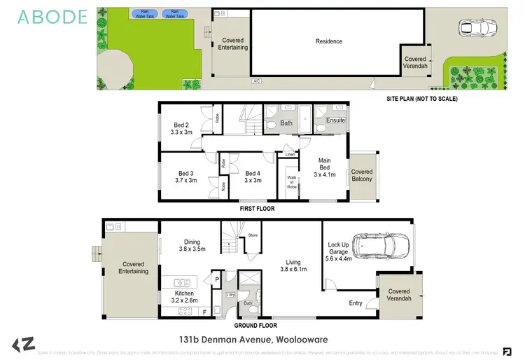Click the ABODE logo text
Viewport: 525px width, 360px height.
coord(53,17)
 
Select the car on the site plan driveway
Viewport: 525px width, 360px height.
coord(477,28)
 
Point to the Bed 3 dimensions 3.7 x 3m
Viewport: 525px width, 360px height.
coord(185,180)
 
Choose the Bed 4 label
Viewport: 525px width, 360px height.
coord(253,173)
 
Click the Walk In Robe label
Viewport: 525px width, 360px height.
coord(291,181)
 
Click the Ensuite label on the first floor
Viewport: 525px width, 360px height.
coord(336,120)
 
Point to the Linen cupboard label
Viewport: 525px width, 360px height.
coord(290,155)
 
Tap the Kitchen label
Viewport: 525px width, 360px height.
coord(184,293)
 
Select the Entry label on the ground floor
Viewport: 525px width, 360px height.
coord(356,303)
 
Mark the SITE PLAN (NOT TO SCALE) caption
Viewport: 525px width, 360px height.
coord(421,99)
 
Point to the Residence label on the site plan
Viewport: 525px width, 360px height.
coord(328,41)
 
